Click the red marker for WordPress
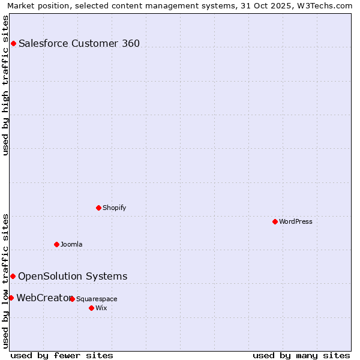275,221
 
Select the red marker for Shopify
99,208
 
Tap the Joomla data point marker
57,244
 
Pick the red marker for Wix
91,308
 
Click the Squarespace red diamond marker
72,299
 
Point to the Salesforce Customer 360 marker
13,43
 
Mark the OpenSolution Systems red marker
13,276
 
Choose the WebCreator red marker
11,298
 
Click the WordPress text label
296,221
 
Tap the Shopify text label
114,208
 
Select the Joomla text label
71,244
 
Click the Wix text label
101,308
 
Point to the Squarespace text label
97,299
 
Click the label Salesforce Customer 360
79,43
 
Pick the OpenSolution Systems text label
73,276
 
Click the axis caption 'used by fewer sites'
62,355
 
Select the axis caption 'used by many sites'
301,355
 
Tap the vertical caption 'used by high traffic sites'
5,85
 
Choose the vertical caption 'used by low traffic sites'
5,280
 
